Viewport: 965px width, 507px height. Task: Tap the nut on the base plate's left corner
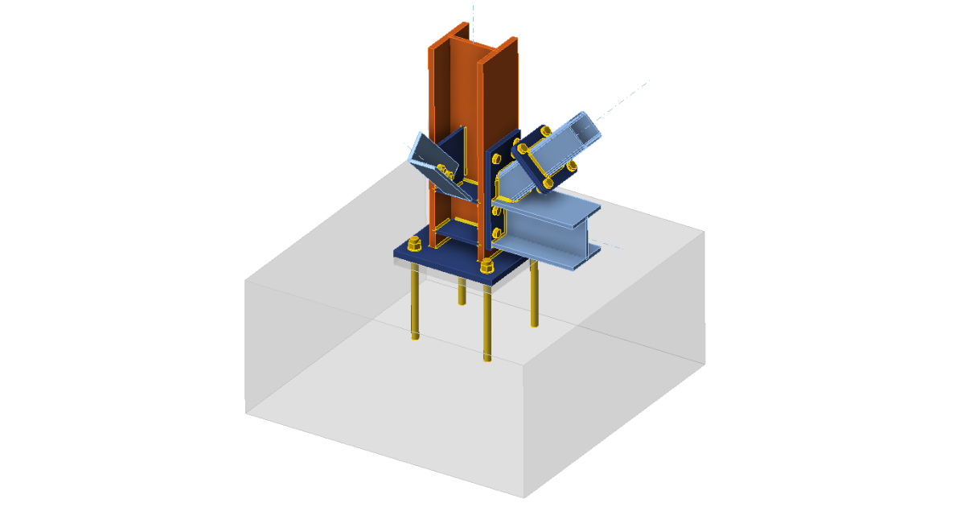(x=413, y=245)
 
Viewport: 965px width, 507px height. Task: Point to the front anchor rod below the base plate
(x=487, y=322)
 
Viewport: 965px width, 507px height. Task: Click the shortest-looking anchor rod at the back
(x=462, y=291)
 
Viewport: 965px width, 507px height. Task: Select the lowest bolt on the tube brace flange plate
(x=548, y=183)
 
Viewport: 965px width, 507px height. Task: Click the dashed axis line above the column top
(x=473, y=16)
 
